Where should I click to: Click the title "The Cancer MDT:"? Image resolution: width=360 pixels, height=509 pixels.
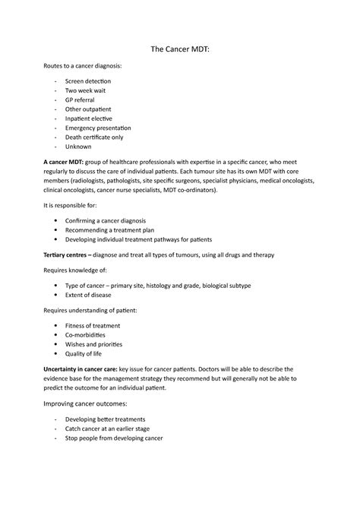pos(179,47)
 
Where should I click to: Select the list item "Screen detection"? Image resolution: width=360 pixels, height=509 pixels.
pos(88,81)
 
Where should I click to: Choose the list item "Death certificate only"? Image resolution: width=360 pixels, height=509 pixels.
pos(96,138)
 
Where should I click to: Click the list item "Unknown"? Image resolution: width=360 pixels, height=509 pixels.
pos(78,147)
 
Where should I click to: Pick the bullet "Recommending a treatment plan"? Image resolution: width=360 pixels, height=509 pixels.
pos(115,230)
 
